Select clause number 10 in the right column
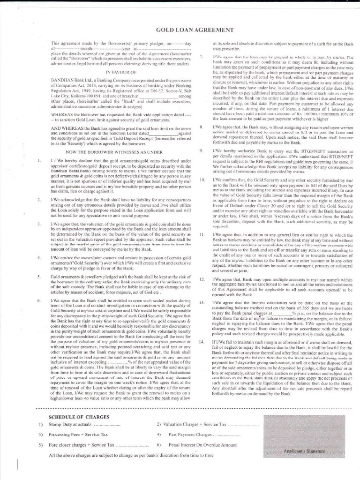[x=202, y=180]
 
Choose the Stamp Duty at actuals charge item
[x=74, y=424]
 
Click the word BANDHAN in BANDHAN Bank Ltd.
[x=60, y=81]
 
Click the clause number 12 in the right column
[x=202, y=279]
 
